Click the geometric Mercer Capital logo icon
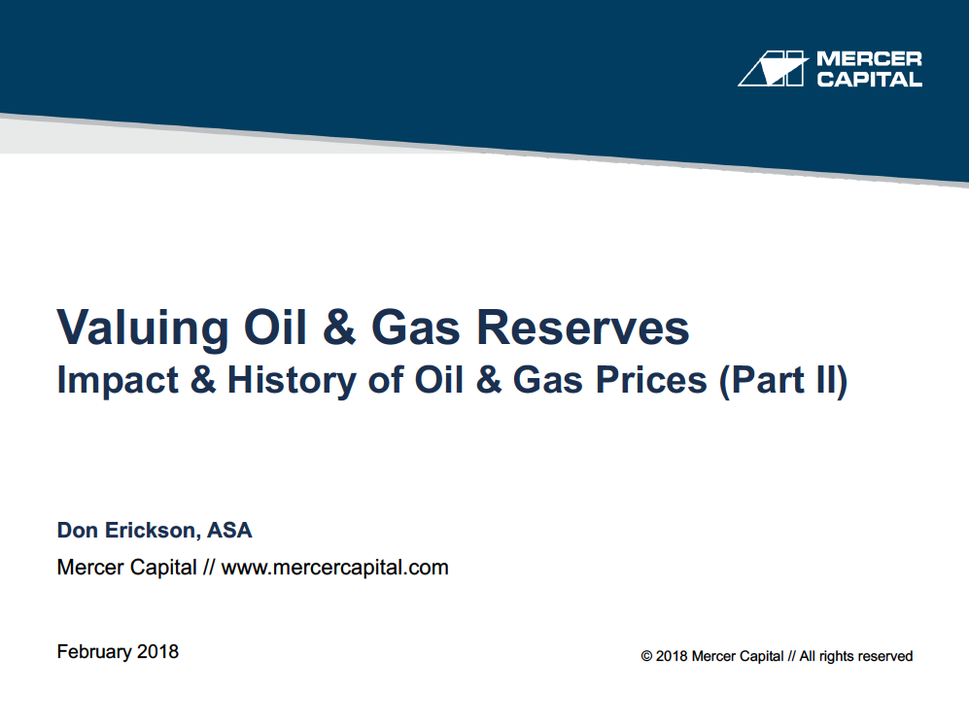(773, 69)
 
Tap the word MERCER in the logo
(869, 58)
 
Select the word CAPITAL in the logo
(869, 79)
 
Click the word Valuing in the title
(143, 328)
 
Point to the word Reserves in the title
(583, 327)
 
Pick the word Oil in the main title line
(275, 327)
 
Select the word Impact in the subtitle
(118, 381)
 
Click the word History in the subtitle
(292, 381)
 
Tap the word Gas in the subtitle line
(547, 379)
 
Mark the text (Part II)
(783, 381)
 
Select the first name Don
(78, 531)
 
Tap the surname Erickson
(152, 531)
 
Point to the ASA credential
(229, 531)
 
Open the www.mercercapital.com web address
(335, 568)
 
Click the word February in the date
(94, 652)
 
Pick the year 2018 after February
(157, 651)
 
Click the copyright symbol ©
(646, 656)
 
